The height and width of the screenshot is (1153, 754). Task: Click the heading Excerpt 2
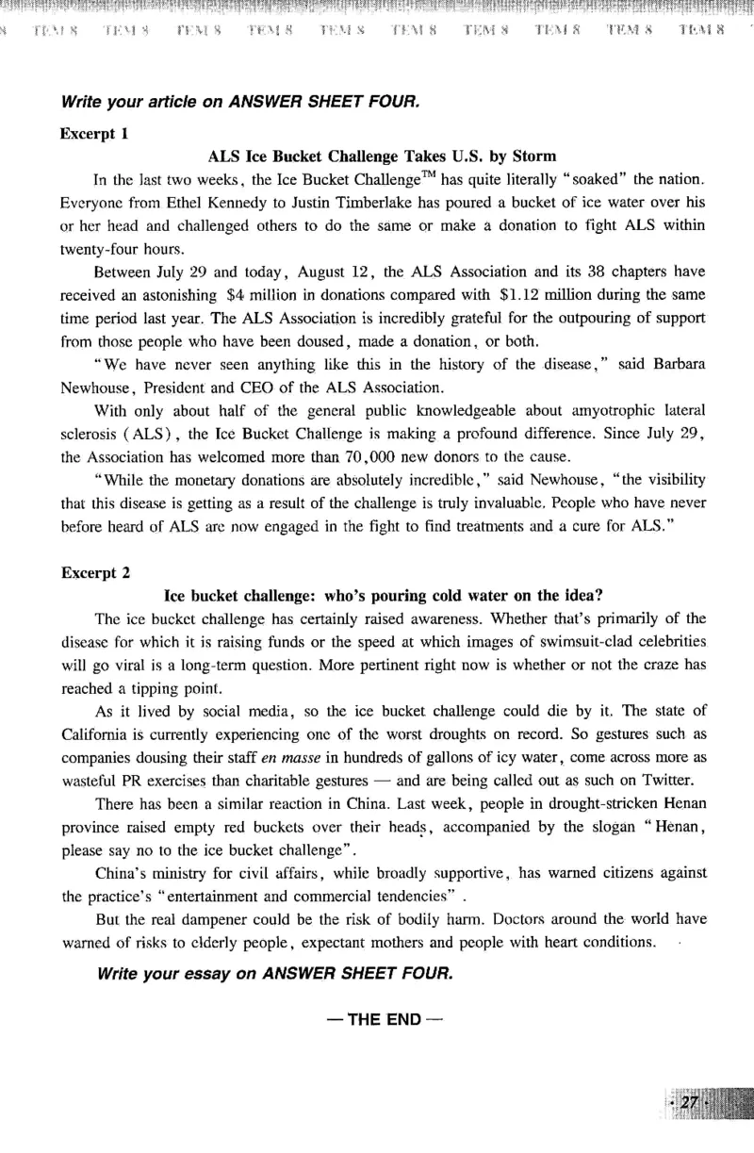point(95,572)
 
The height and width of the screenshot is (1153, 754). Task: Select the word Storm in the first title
point(534,156)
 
